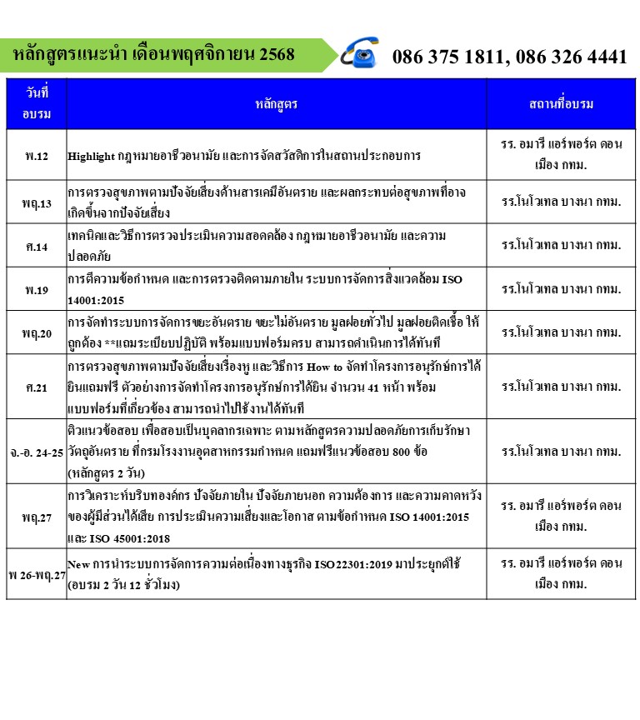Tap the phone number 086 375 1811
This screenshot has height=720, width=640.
coord(448,57)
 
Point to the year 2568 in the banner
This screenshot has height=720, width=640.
coord(277,55)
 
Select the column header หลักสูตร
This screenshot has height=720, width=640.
coord(276,103)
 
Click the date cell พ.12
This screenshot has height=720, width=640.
coord(37,156)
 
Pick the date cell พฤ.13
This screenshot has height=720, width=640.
coord(37,203)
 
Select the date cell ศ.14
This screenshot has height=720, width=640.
coord(37,247)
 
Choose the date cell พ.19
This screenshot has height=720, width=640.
coord(37,289)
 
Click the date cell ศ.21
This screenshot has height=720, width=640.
coord(37,387)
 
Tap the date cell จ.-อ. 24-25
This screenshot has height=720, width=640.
coord(35,452)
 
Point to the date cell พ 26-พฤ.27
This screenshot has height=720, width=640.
coord(36,574)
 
